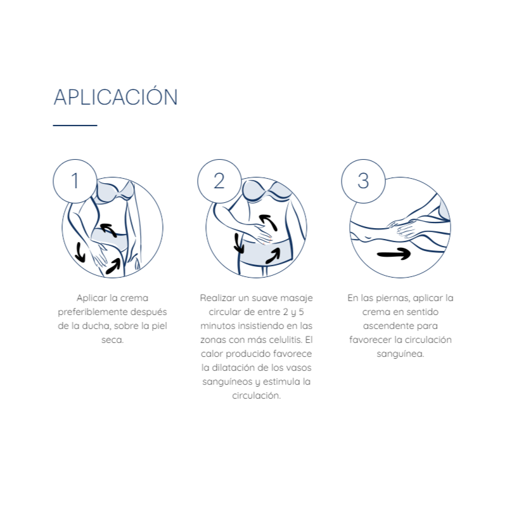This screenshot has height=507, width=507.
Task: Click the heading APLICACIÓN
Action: tap(116, 96)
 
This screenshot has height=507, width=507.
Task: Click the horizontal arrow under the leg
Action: tap(394, 254)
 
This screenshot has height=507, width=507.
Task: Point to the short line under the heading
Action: tap(75, 125)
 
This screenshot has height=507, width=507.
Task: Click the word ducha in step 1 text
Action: tap(96, 326)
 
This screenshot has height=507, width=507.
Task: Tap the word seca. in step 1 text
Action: tap(113, 340)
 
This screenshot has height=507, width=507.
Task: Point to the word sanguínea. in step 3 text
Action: tap(401, 354)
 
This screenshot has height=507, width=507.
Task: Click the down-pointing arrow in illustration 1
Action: tap(80, 252)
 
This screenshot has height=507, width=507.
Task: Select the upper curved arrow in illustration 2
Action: tap(269, 222)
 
